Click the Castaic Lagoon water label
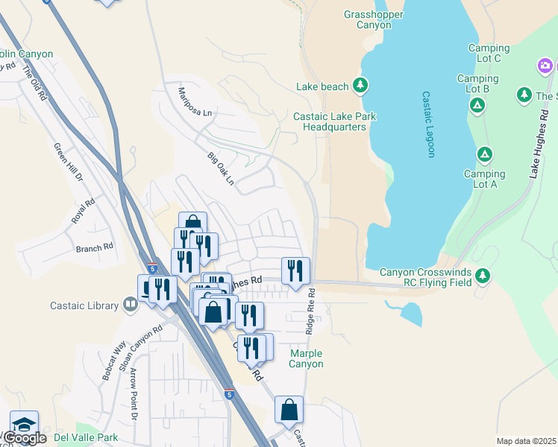428,124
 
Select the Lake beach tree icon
360,86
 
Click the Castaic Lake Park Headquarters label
334,121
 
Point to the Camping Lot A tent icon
485,154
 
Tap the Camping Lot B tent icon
477,105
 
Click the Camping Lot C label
489,54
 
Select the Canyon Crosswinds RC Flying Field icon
483,276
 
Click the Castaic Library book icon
130,304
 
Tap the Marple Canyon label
307,358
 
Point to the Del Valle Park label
87,437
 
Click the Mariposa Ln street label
195,101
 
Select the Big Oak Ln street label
221,169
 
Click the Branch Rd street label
94,247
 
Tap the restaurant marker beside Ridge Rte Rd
295,270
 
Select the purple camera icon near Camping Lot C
545,67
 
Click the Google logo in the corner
25,438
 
